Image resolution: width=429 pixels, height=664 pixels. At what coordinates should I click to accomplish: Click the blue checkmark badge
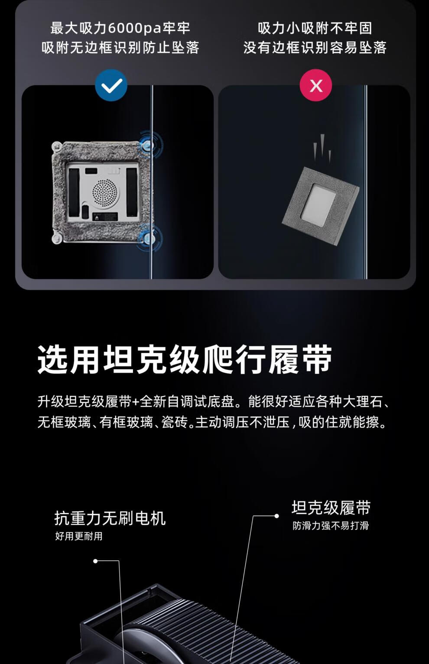[x=111, y=85]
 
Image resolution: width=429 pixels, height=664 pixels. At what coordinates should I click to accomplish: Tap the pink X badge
[x=316, y=85]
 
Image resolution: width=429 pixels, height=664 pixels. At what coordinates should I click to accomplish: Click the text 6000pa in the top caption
[x=135, y=29]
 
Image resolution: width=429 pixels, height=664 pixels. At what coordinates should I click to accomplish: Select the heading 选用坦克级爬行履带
[x=185, y=359]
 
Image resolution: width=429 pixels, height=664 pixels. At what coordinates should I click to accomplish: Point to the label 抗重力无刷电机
[x=110, y=518]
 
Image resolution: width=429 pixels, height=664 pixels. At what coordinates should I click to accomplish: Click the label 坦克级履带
[x=331, y=508]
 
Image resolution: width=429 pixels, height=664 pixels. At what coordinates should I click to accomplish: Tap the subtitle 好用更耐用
[x=79, y=536]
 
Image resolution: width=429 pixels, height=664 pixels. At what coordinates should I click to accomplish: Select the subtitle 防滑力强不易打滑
[x=331, y=525]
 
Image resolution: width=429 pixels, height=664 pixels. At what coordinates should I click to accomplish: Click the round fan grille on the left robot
[x=105, y=192]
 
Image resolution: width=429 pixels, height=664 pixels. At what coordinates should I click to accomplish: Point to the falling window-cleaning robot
[x=321, y=206]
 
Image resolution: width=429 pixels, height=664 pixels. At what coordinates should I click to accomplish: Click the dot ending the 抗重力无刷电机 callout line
[x=95, y=561]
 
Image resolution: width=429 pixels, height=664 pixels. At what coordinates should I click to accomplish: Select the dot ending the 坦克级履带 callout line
[x=276, y=516]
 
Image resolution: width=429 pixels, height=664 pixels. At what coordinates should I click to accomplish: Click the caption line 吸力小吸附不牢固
[x=315, y=29]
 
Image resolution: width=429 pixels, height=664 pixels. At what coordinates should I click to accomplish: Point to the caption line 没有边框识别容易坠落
[x=315, y=48]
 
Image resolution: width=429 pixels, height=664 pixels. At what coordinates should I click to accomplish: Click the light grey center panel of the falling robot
[x=318, y=205]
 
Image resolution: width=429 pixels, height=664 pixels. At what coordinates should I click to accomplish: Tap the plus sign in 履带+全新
[x=135, y=402]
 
